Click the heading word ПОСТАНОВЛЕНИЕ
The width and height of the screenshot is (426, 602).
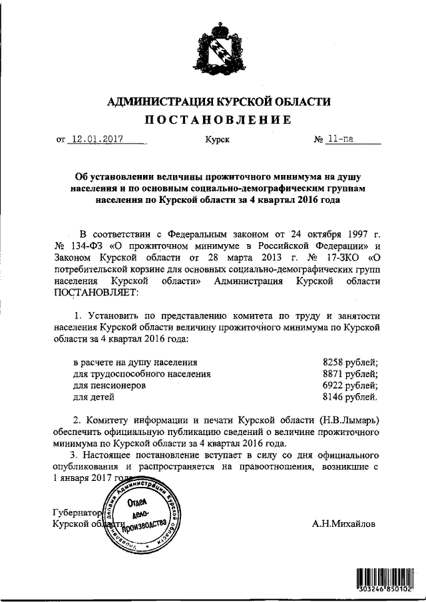coord(218,120)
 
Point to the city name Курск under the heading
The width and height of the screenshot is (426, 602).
coord(217,141)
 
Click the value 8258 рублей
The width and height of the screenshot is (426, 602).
coord(350,362)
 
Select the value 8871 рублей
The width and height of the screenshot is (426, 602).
coord(350,374)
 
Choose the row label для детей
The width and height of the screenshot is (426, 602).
coord(94,398)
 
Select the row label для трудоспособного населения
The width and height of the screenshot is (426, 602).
coord(142,374)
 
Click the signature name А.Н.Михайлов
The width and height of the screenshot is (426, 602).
coord(343,524)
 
